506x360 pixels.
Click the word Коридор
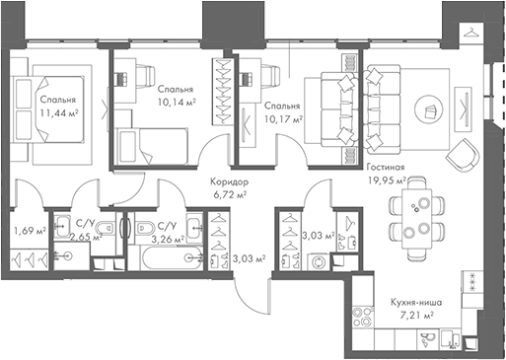[229, 182]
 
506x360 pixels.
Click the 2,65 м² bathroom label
[89, 238]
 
